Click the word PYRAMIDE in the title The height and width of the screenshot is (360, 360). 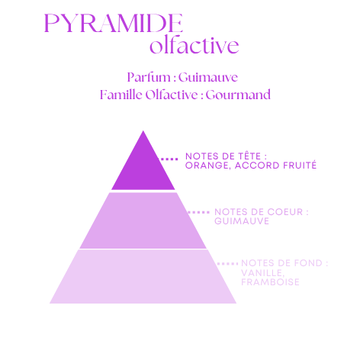(x=114, y=23)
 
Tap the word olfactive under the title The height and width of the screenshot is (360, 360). (x=194, y=45)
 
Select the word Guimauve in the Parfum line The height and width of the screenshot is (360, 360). (x=208, y=77)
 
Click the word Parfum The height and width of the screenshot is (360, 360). (x=149, y=77)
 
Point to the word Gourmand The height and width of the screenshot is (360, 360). (x=238, y=95)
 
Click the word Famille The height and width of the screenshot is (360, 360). (x=121, y=95)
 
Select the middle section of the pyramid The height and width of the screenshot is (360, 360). (x=143, y=220)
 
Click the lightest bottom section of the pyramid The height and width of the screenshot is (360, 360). (x=143, y=276)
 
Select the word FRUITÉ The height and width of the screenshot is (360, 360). (x=300, y=166)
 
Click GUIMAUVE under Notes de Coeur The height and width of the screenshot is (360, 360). (x=242, y=221)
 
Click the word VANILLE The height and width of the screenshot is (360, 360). (x=262, y=273)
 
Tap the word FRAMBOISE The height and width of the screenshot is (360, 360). (x=270, y=282)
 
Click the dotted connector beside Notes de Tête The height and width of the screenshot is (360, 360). (x=169, y=159)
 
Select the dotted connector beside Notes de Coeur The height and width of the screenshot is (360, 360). (x=198, y=212)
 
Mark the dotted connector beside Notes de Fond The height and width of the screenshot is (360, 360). (x=228, y=264)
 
